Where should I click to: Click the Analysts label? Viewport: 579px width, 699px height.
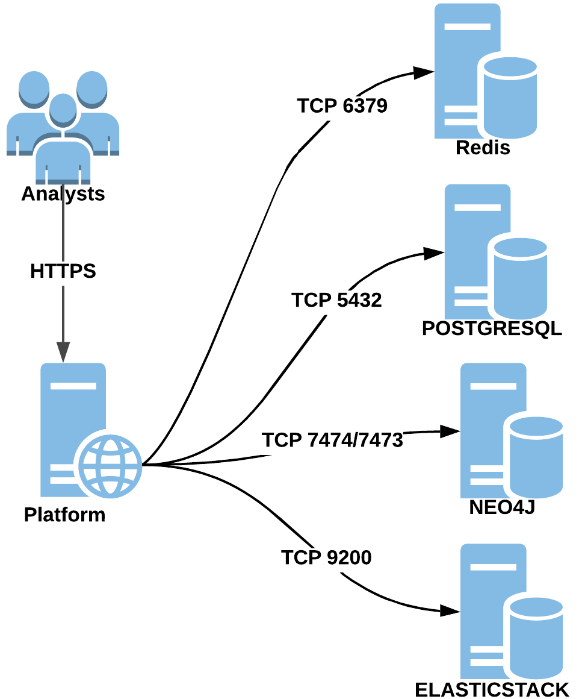pyautogui.click(x=63, y=194)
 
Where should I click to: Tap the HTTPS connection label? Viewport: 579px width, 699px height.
pyautogui.click(x=63, y=271)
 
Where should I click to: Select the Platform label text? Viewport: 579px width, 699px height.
pyautogui.click(x=64, y=515)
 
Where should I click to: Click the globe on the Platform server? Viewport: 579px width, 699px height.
pyautogui.click(x=110, y=464)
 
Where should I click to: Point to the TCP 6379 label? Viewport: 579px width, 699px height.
pyautogui.click(x=342, y=106)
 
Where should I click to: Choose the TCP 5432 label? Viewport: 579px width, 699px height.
pyautogui.click(x=336, y=299)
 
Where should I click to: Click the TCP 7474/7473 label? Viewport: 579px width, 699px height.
pyautogui.click(x=332, y=440)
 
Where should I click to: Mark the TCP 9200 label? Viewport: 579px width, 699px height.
pyautogui.click(x=326, y=557)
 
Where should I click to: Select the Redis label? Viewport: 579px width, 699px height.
pyautogui.click(x=483, y=148)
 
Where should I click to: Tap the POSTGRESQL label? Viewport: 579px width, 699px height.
pyautogui.click(x=492, y=328)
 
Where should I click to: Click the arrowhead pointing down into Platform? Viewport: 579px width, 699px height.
pyautogui.click(x=63, y=352)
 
